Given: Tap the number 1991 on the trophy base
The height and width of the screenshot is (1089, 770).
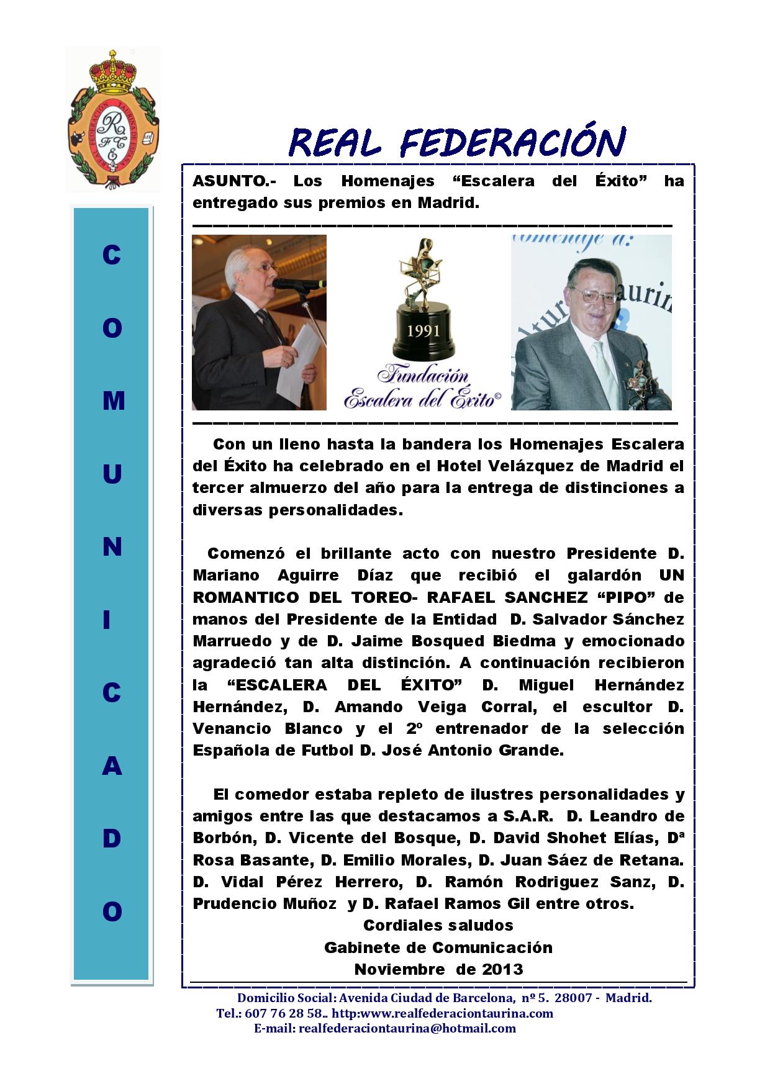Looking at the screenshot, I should click(423, 330).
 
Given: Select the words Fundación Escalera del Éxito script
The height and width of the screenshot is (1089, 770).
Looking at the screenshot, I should click(423, 387).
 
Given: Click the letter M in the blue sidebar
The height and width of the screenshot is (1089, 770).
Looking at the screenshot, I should click(112, 401).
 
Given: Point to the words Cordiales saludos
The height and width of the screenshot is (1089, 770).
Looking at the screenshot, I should click(438, 925).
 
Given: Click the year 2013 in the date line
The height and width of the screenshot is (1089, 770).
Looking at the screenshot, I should click(502, 969).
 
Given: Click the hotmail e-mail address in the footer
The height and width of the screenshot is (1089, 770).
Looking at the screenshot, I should click(407, 1028).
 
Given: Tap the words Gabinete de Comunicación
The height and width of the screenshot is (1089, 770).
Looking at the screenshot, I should click(438, 947).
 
